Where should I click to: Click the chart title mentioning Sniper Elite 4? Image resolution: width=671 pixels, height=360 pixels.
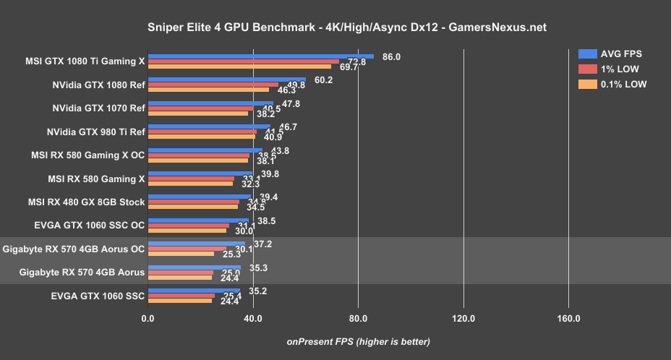pyautogui.click(x=335, y=27)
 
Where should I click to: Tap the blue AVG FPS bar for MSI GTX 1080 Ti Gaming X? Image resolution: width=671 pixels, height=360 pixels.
pyautogui.click(x=260, y=56)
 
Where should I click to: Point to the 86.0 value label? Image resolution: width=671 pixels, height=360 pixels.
pyautogui.click(x=391, y=56)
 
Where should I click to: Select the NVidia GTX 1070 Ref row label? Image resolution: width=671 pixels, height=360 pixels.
pyautogui.click(x=99, y=108)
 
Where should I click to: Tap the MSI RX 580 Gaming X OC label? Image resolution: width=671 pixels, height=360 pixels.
pyautogui.click(x=96, y=155)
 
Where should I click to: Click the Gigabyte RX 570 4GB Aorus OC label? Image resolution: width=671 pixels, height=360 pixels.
pyautogui.click(x=74, y=249)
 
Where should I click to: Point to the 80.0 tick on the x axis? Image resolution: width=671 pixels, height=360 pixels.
pyautogui.click(x=358, y=319)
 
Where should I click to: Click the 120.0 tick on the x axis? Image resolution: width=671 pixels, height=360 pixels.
pyautogui.click(x=463, y=319)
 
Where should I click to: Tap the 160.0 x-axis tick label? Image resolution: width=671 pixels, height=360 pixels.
pyautogui.click(x=568, y=319)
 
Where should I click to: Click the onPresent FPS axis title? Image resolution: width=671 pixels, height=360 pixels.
pyautogui.click(x=358, y=341)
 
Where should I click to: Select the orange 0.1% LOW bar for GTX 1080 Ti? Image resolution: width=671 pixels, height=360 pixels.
pyautogui.click(x=239, y=67)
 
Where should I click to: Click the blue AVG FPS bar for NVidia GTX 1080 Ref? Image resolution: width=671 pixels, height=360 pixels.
pyautogui.click(x=226, y=80)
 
